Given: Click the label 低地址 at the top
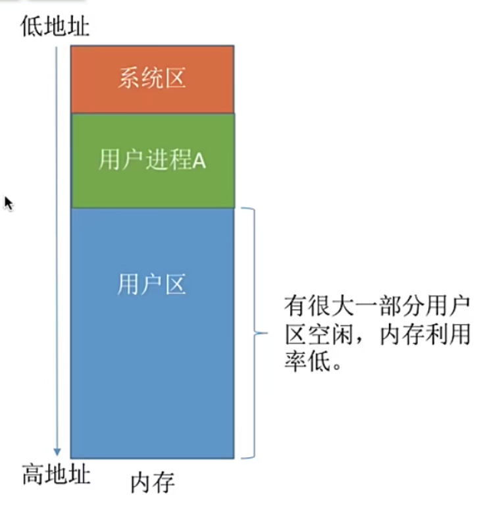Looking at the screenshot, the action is tap(55, 27).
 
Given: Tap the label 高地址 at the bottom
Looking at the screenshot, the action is tap(56, 475).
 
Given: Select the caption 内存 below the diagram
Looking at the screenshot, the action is tap(152, 483).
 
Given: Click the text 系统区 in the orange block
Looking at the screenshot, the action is tap(152, 78).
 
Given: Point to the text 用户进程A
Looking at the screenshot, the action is tap(152, 160).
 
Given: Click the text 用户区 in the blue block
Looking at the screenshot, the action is tap(152, 284).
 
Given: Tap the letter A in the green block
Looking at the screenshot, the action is tap(199, 161).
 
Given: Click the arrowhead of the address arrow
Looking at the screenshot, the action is tap(57, 452).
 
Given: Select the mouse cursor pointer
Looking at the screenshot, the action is tap(8, 203).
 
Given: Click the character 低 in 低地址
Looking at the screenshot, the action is tap(33, 27).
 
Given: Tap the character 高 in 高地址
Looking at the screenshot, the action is tap(34, 475).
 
